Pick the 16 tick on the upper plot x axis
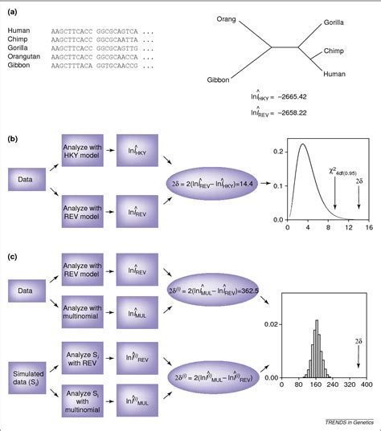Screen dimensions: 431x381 point(368,229)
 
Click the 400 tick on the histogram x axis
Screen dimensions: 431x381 point(367,385)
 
